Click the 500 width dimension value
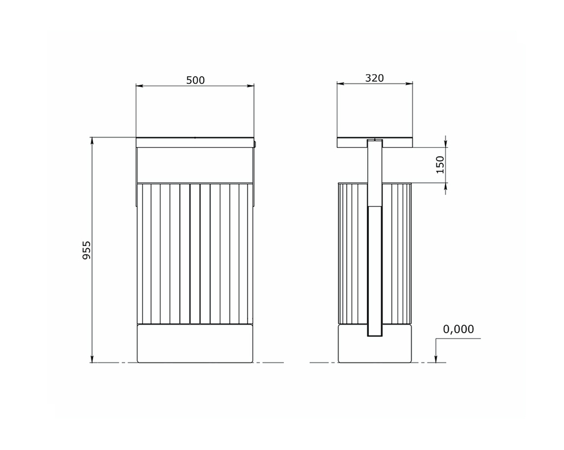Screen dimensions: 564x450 [x=195, y=80]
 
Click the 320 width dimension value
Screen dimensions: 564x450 [x=374, y=78]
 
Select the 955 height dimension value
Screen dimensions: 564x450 [x=87, y=250]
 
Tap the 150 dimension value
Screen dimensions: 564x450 [x=440, y=165]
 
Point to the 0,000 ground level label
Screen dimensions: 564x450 [x=458, y=329]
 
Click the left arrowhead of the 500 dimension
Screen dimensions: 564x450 [x=139, y=86]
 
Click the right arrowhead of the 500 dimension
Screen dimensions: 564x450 [x=250, y=86]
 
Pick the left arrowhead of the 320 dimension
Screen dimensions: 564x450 [x=341, y=84]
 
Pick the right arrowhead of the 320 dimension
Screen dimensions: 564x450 [x=409, y=84]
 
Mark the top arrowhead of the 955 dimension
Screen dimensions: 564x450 [x=92, y=141]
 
